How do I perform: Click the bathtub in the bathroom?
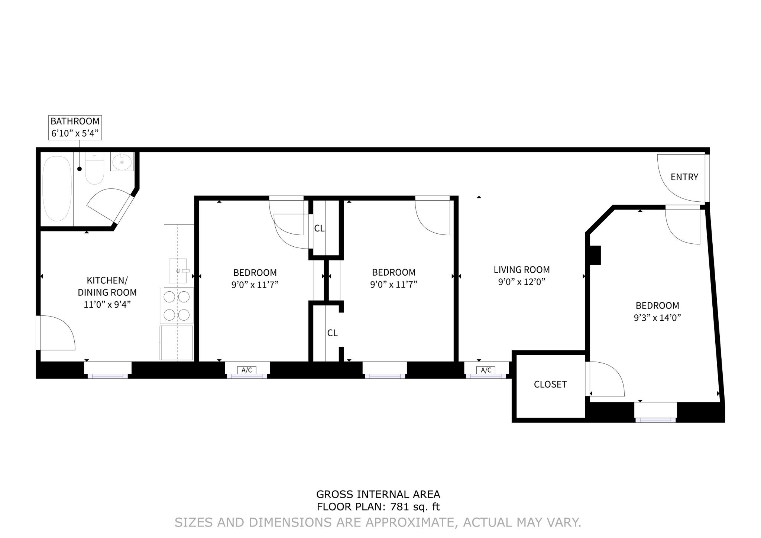[x=57, y=189]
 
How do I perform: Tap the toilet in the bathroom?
[x=95, y=170]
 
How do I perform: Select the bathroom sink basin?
[x=122, y=162]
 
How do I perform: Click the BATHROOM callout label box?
[x=75, y=127]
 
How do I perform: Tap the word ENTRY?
[x=684, y=177]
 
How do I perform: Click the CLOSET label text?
[x=550, y=385]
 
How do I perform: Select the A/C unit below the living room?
[x=486, y=370]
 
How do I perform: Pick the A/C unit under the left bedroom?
[x=247, y=370]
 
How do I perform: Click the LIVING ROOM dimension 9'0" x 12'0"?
[x=521, y=282]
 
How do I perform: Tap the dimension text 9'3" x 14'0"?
[x=657, y=318]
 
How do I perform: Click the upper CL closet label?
[x=319, y=229]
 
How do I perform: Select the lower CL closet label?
[x=332, y=333]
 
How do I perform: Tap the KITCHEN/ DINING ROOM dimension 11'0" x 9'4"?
[x=107, y=305]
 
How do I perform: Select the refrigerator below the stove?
[x=177, y=343]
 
